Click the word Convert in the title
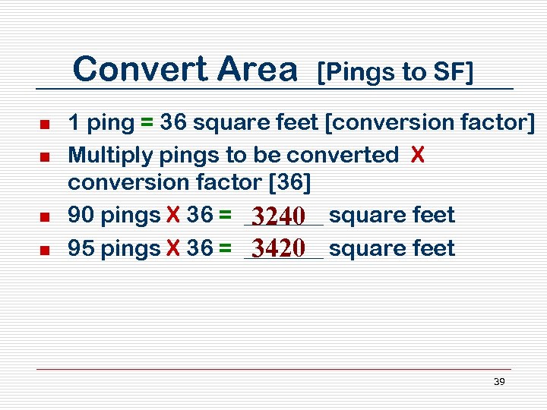(141, 70)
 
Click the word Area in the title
(256, 70)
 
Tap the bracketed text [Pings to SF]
(395, 72)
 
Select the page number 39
(499, 382)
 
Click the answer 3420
(280, 248)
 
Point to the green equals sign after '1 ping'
(144, 122)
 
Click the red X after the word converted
(416, 155)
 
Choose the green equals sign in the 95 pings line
(224, 248)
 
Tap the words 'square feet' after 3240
(391, 216)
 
